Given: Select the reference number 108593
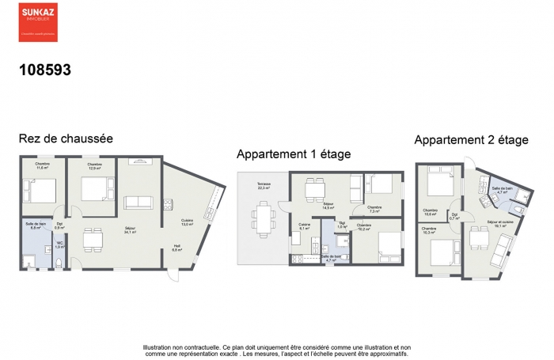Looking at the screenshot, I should point(45,70).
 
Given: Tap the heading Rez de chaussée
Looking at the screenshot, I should point(66,138).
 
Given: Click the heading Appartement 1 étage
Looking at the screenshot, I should point(294,153).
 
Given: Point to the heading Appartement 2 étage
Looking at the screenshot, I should point(471,140).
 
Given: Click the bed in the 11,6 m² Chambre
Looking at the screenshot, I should point(40,191).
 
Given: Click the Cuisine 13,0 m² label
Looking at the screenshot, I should point(187,221).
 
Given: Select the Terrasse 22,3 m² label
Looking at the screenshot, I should point(263,186).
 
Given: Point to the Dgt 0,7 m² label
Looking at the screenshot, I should point(454,215).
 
